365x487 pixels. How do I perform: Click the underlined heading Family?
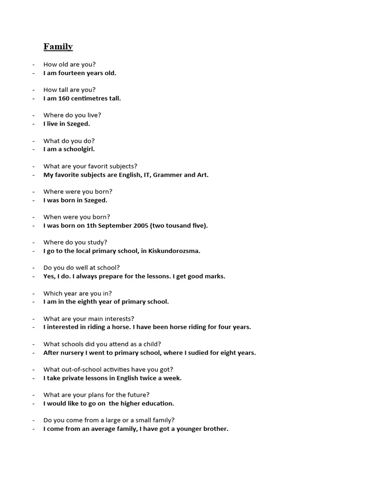coord(58,47)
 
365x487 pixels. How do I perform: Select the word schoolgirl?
coord(77,149)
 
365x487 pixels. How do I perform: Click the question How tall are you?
coord(69,89)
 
